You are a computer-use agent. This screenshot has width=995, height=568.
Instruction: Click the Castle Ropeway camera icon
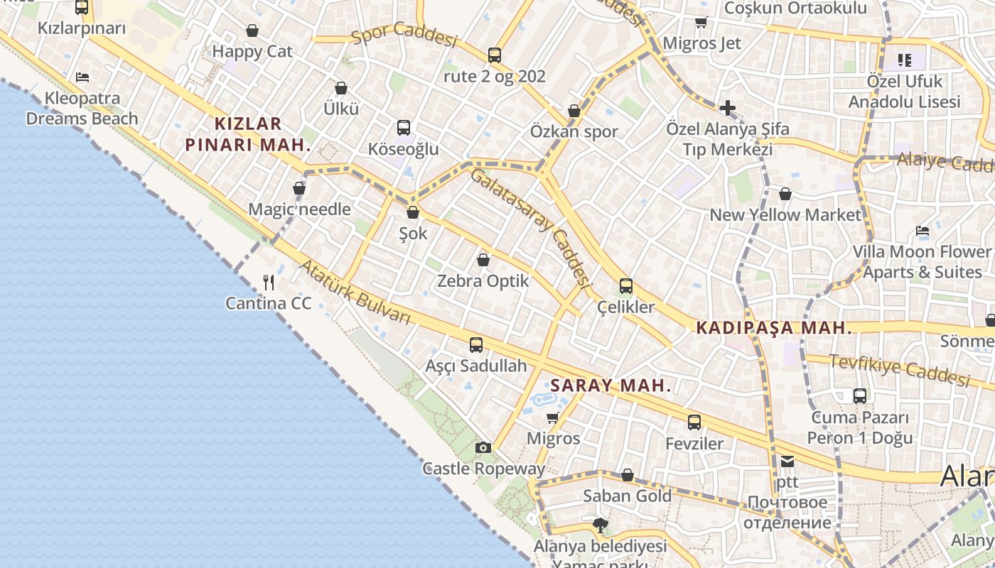tap(483, 447)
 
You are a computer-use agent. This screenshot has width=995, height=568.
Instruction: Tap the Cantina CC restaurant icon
tap(269, 283)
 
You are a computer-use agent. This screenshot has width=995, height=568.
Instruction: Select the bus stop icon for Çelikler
tap(626, 286)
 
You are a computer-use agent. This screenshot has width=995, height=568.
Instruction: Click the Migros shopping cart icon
tap(553, 417)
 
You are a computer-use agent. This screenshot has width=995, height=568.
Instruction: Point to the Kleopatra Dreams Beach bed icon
tap(82, 77)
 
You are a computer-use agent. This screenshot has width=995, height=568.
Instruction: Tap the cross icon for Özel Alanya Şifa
tap(727, 108)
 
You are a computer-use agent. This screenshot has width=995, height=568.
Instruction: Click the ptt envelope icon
tap(787, 461)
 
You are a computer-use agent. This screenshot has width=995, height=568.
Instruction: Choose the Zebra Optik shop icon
tap(483, 260)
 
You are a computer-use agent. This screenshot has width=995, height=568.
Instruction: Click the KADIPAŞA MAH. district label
tap(774, 328)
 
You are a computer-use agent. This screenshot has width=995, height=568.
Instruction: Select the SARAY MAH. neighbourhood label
tap(611, 386)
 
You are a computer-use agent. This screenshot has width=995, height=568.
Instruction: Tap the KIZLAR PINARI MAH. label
tap(248, 134)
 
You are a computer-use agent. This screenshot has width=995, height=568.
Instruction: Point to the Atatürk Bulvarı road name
tap(355, 293)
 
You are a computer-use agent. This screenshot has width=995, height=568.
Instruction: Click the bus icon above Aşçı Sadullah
tap(476, 345)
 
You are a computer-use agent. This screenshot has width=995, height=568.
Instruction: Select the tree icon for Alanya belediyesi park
tap(601, 525)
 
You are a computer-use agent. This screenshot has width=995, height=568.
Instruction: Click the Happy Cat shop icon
tap(252, 31)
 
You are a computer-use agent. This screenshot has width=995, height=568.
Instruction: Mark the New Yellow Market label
tap(785, 214)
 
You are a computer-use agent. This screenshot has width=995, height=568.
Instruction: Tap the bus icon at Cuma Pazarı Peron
tap(860, 396)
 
